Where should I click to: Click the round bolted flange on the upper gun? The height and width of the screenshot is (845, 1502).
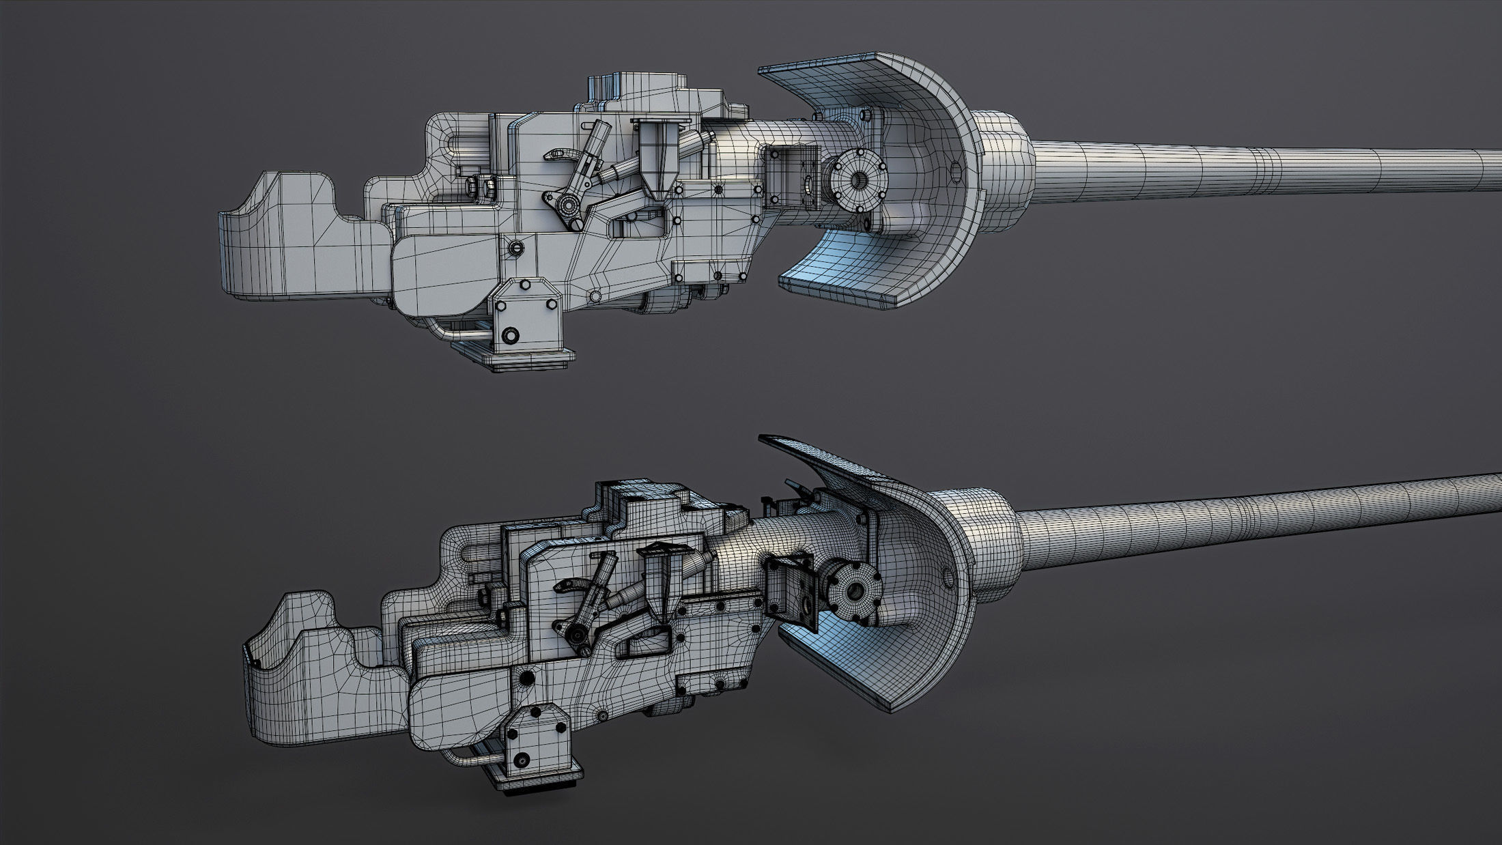pos(857,180)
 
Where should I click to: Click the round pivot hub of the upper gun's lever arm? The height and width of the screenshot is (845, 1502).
pos(565,203)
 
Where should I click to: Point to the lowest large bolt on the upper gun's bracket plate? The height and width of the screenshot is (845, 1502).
pos(509,336)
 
